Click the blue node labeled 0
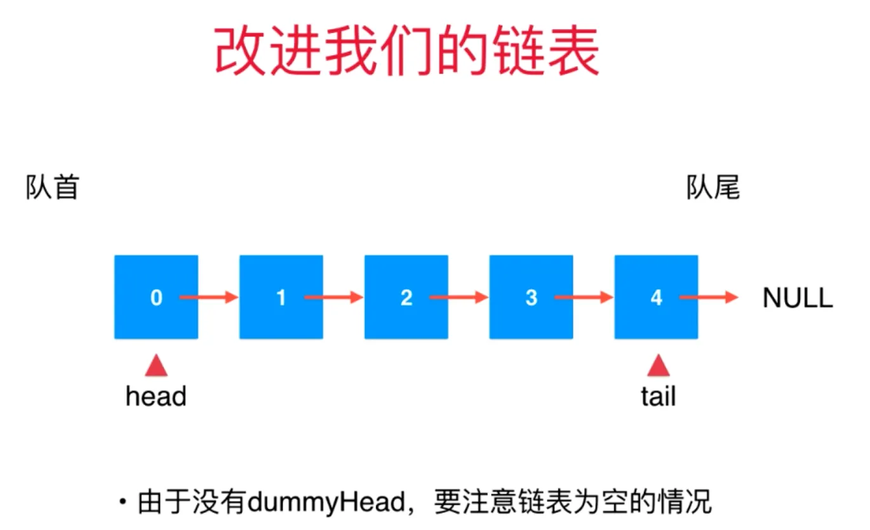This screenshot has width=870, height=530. (x=156, y=297)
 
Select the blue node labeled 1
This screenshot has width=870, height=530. (x=281, y=297)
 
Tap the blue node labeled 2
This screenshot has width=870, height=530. (x=406, y=297)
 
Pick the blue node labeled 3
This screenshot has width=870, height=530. (x=532, y=297)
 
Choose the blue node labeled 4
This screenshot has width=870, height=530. (x=657, y=297)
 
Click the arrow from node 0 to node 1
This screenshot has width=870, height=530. (x=208, y=298)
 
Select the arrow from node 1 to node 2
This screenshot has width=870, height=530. (x=333, y=298)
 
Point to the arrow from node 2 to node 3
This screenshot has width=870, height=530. (x=458, y=298)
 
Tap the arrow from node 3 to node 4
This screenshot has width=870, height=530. (x=584, y=298)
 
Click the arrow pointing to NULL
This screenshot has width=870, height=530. (x=709, y=298)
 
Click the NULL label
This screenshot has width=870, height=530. (x=798, y=298)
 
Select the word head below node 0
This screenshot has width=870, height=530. (x=156, y=397)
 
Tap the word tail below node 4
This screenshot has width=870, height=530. (x=659, y=397)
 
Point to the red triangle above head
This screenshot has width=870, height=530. (x=156, y=366)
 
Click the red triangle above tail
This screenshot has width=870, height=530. (x=659, y=366)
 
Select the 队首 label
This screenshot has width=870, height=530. (x=53, y=187)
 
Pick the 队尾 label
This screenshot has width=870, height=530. (x=713, y=187)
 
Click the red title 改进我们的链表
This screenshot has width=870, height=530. (x=407, y=51)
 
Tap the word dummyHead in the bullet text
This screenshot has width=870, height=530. (x=326, y=502)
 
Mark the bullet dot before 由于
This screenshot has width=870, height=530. (x=123, y=501)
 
